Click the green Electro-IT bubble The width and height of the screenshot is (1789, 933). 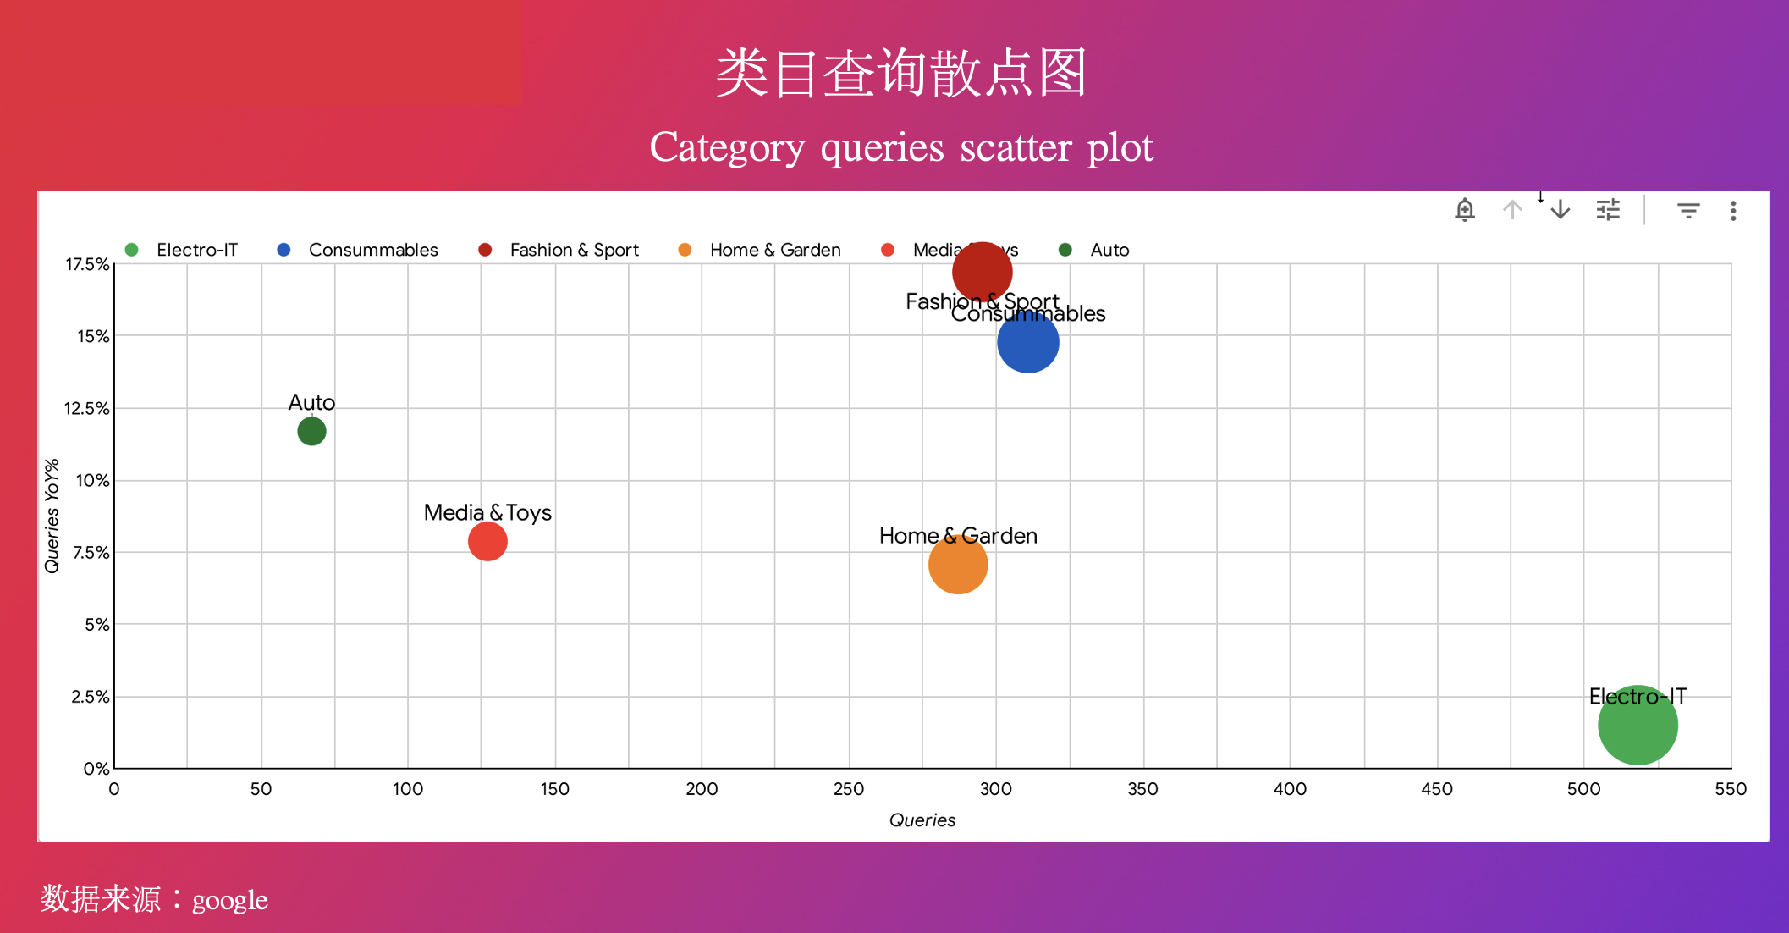(x=1638, y=726)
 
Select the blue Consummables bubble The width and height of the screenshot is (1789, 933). (x=1027, y=342)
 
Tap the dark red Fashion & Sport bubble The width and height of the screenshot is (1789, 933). (x=982, y=272)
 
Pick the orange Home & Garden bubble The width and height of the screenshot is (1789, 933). (x=957, y=565)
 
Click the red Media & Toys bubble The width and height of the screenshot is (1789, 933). (x=487, y=542)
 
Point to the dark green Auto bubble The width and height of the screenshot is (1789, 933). (x=311, y=432)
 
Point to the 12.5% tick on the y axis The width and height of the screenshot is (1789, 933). (x=87, y=409)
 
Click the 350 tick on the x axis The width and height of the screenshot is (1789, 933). (x=1142, y=789)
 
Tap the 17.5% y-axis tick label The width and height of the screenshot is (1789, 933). (x=87, y=264)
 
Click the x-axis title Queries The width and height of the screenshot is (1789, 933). (x=922, y=820)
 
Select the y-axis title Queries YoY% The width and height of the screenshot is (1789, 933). (x=52, y=516)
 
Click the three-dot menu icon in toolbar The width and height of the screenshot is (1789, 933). (x=1733, y=211)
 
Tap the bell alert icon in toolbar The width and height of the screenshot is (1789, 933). (x=1465, y=210)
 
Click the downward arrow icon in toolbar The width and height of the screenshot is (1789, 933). (x=1561, y=210)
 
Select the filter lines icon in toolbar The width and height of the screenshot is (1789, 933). (x=1688, y=211)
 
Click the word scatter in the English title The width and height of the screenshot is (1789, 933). (x=1016, y=148)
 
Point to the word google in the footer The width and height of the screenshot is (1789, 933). (x=230, y=900)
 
